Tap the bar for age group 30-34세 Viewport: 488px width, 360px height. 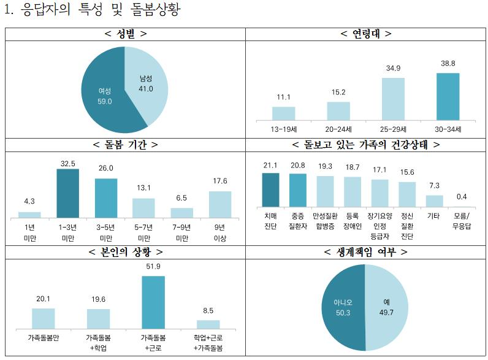[448, 96]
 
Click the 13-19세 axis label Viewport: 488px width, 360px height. [283, 129]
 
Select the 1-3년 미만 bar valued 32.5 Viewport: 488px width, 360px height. [67, 193]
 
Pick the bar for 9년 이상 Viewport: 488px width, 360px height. [220, 204]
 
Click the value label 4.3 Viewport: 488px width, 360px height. [29, 201]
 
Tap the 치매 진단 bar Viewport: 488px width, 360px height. [270, 190]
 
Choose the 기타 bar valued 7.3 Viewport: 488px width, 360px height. [434, 201]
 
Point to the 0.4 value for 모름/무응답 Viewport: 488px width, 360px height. [462, 196]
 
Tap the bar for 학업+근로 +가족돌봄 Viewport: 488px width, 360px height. [208, 324]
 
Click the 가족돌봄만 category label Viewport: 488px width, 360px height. [43, 338]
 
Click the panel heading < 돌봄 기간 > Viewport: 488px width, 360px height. [125, 145]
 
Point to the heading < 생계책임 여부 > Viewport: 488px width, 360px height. [365, 252]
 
